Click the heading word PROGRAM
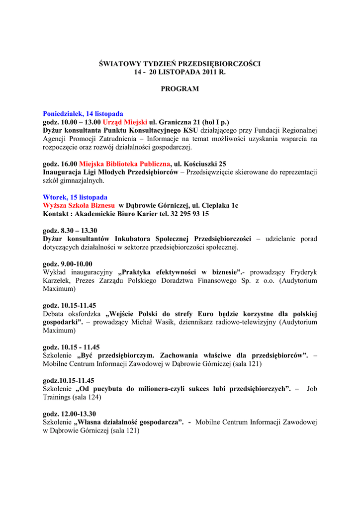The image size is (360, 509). [x=180, y=89]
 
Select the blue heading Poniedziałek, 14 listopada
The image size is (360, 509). [x=83, y=114]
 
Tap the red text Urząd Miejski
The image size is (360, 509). [x=125, y=122]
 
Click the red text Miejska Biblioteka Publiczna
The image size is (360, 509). [x=125, y=164]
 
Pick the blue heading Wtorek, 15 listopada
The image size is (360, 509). [x=75, y=197]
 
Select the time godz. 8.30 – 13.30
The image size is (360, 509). [x=70, y=231]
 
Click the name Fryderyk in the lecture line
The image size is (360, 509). [x=303, y=272]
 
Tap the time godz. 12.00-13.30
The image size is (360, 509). [x=70, y=414]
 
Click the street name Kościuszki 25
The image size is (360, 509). [x=205, y=164]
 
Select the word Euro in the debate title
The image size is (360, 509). [x=208, y=314]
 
